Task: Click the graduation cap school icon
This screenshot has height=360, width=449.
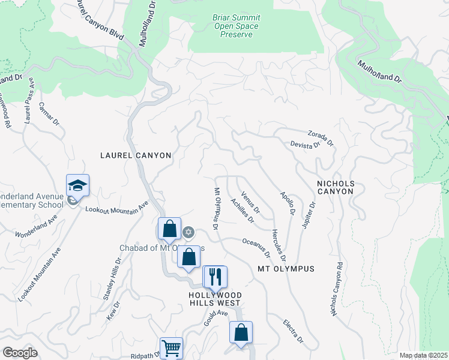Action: pos(77,185)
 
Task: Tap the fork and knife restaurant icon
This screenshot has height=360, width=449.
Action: pos(214,277)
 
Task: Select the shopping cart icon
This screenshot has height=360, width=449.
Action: pos(171,348)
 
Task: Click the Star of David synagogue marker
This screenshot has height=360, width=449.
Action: pos(188,232)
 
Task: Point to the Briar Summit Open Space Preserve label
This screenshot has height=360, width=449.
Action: pos(236,26)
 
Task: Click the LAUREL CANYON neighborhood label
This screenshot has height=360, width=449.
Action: pos(136,155)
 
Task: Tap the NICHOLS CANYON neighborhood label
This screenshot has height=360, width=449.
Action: pos(336,187)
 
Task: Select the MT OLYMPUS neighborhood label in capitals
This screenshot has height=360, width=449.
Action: pos(286,269)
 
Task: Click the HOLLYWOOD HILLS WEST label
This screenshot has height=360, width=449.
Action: pos(215,299)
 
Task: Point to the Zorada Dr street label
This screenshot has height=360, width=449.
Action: pos(321,137)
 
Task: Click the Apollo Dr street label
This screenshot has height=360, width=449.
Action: pos(287,203)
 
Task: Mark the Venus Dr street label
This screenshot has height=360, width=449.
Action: pos(250,203)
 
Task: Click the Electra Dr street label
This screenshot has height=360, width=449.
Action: pos(294,332)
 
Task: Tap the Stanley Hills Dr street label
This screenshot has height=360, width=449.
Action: pos(112,278)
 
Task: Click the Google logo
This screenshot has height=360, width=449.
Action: pos(19,353)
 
